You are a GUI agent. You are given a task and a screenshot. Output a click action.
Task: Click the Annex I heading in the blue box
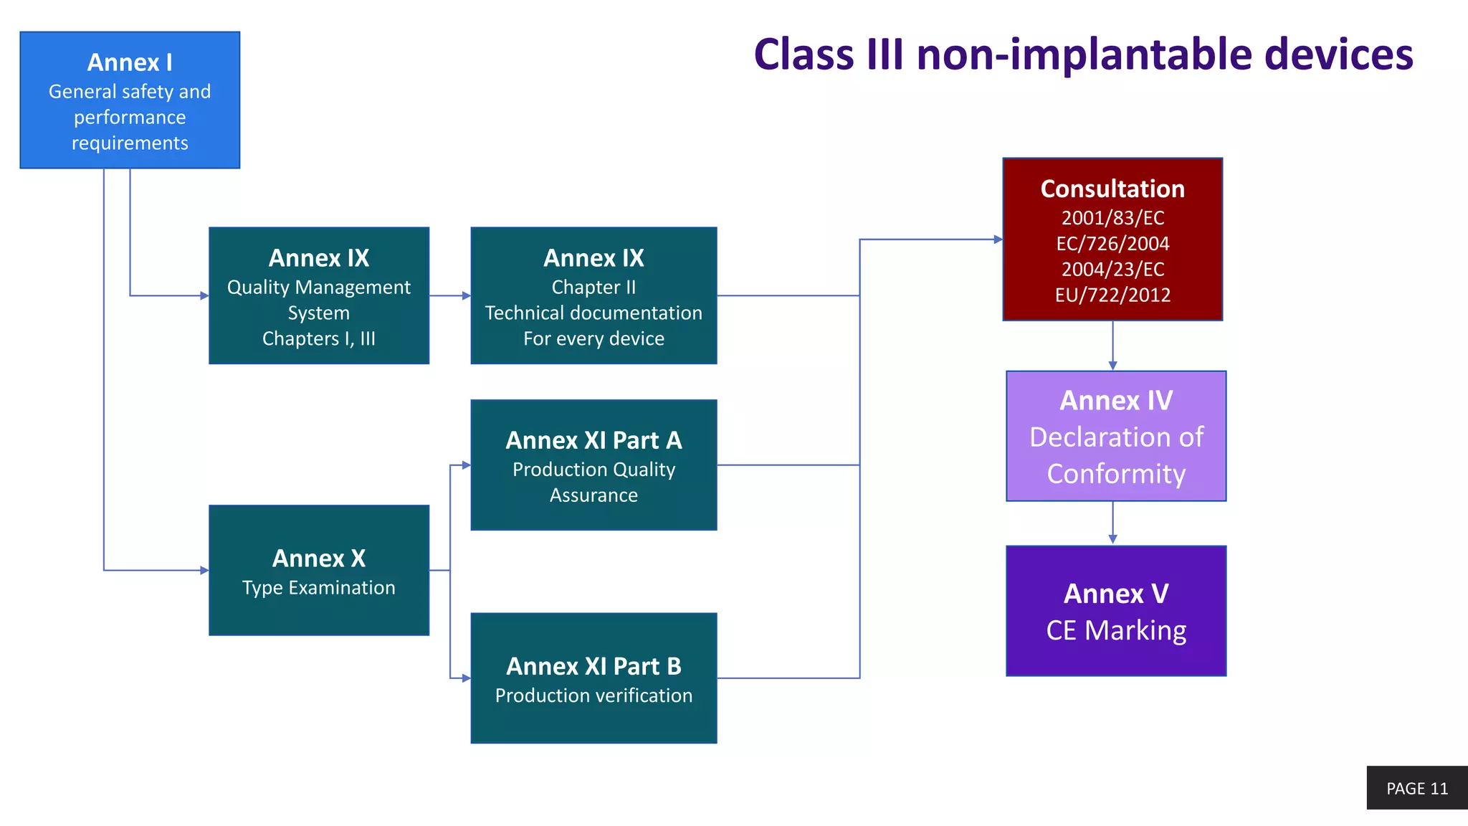pyautogui.click(x=130, y=63)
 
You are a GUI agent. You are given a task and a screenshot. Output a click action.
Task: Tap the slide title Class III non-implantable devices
pyautogui.click(x=1082, y=54)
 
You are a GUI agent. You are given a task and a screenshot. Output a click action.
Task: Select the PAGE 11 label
pyautogui.click(x=1416, y=789)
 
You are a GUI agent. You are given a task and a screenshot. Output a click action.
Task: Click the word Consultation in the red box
pyautogui.click(x=1112, y=189)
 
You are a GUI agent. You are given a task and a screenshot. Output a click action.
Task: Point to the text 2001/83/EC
pyautogui.click(x=1112, y=218)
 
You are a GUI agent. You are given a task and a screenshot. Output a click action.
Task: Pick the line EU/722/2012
pyautogui.click(x=1112, y=295)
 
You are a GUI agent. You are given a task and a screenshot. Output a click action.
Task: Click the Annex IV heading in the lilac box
pyautogui.click(x=1115, y=401)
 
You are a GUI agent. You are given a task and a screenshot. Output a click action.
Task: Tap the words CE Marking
pyautogui.click(x=1115, y=631)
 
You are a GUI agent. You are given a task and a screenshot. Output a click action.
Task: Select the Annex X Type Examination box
pyautogui.click(x=319, y=571)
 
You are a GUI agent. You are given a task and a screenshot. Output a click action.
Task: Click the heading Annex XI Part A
pyautogui.click(x=594, y=440)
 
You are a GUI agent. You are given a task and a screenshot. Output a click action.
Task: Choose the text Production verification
pyautogui.click(x=594, y=696)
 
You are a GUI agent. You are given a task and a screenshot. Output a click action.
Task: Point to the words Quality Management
pyautogui.click(x=319, y=288)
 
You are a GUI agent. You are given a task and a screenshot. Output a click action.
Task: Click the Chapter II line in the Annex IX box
pyautogui.click(x=594, y=288)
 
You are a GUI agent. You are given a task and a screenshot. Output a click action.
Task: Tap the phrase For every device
pyautogui.click(x=594, y=339)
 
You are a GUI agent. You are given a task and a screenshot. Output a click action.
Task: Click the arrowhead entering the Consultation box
pyautogui.click(x=998, y=239)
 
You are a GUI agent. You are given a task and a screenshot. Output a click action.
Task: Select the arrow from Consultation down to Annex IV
pyautogui.click(x=1112, y=346)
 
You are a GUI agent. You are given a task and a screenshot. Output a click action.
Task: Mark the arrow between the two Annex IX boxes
pyautogui.click(x=450, y=295)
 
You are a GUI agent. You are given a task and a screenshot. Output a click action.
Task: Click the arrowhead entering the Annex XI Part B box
pyautogui.click(x=466, y=678)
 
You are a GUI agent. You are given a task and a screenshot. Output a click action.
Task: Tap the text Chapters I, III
pyautogui.click(x=319, y=339)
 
